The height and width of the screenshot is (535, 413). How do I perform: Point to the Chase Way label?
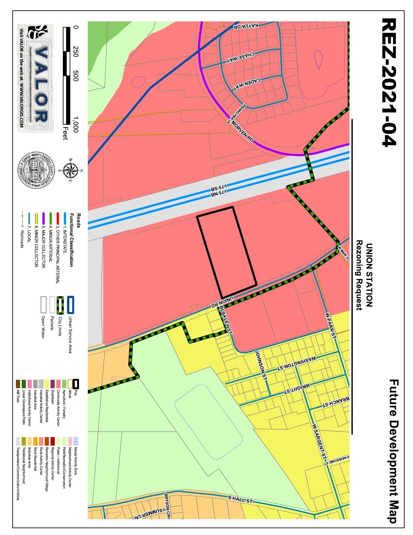point(240,57)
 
